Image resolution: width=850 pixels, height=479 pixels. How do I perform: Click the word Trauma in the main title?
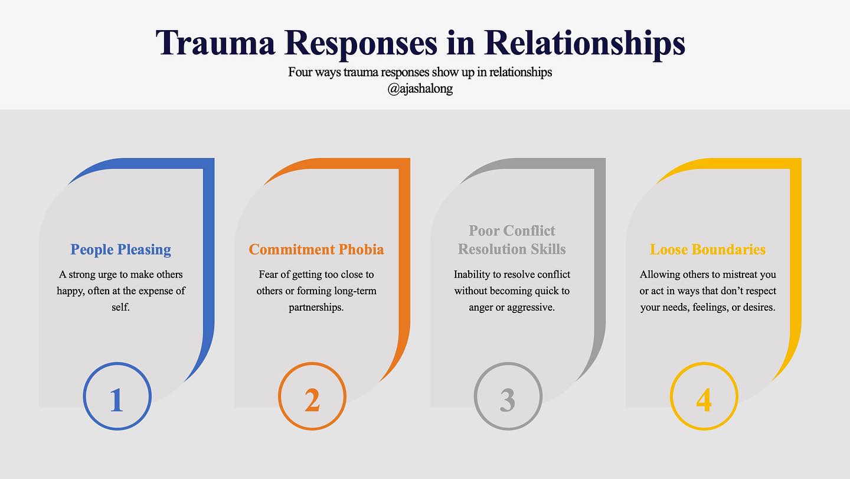pyautogui.click(x=216, y=44)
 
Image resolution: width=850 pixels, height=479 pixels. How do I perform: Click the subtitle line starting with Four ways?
pyautogui.click(x=420, y=72)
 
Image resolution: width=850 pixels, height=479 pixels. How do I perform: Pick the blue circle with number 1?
pyautogui.click(x=117, y=396)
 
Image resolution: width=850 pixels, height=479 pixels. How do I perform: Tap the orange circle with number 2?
pyautogui.click(x=312, y=396)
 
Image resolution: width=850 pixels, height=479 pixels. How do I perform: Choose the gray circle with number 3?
pyautogui.click(x=508, y=396)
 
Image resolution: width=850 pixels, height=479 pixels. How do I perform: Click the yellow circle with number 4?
pyautogui.click(x=704, y=396)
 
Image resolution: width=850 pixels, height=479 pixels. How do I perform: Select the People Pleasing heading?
pyautogui.click(x=121, y=249)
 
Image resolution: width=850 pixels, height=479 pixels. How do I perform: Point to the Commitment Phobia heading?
pyautogui.click(x=316, y=249)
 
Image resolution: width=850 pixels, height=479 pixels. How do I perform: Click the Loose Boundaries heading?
pyautogui.click(x=708, y=249)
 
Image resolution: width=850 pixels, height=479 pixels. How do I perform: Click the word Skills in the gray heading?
pyautogui.click(x=547, y=249)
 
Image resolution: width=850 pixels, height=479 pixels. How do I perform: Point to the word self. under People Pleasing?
pyautogui.click(x=120, y=308)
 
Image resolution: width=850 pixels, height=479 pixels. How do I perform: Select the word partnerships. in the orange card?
pyautogui.click(x=316, y=308)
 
